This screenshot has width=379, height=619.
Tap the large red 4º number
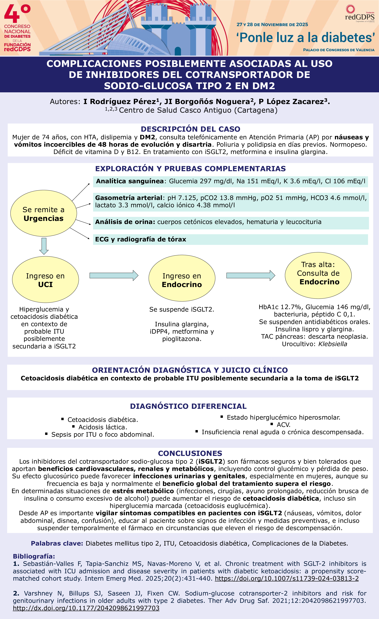(x=17, y=14)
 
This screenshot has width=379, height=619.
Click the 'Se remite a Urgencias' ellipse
(x=43, y=213)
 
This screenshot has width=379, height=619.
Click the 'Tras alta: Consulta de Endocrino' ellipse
(x=318, y=275)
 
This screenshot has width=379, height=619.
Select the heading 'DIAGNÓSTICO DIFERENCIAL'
(x=188, y=406)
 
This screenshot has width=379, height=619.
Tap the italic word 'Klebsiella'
(x=332, y=344)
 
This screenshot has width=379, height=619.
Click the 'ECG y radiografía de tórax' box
(x=230, y=239)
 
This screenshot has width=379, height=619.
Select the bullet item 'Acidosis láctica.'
(x=103, y=427)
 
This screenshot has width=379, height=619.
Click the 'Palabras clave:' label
(x=57, y=543)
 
